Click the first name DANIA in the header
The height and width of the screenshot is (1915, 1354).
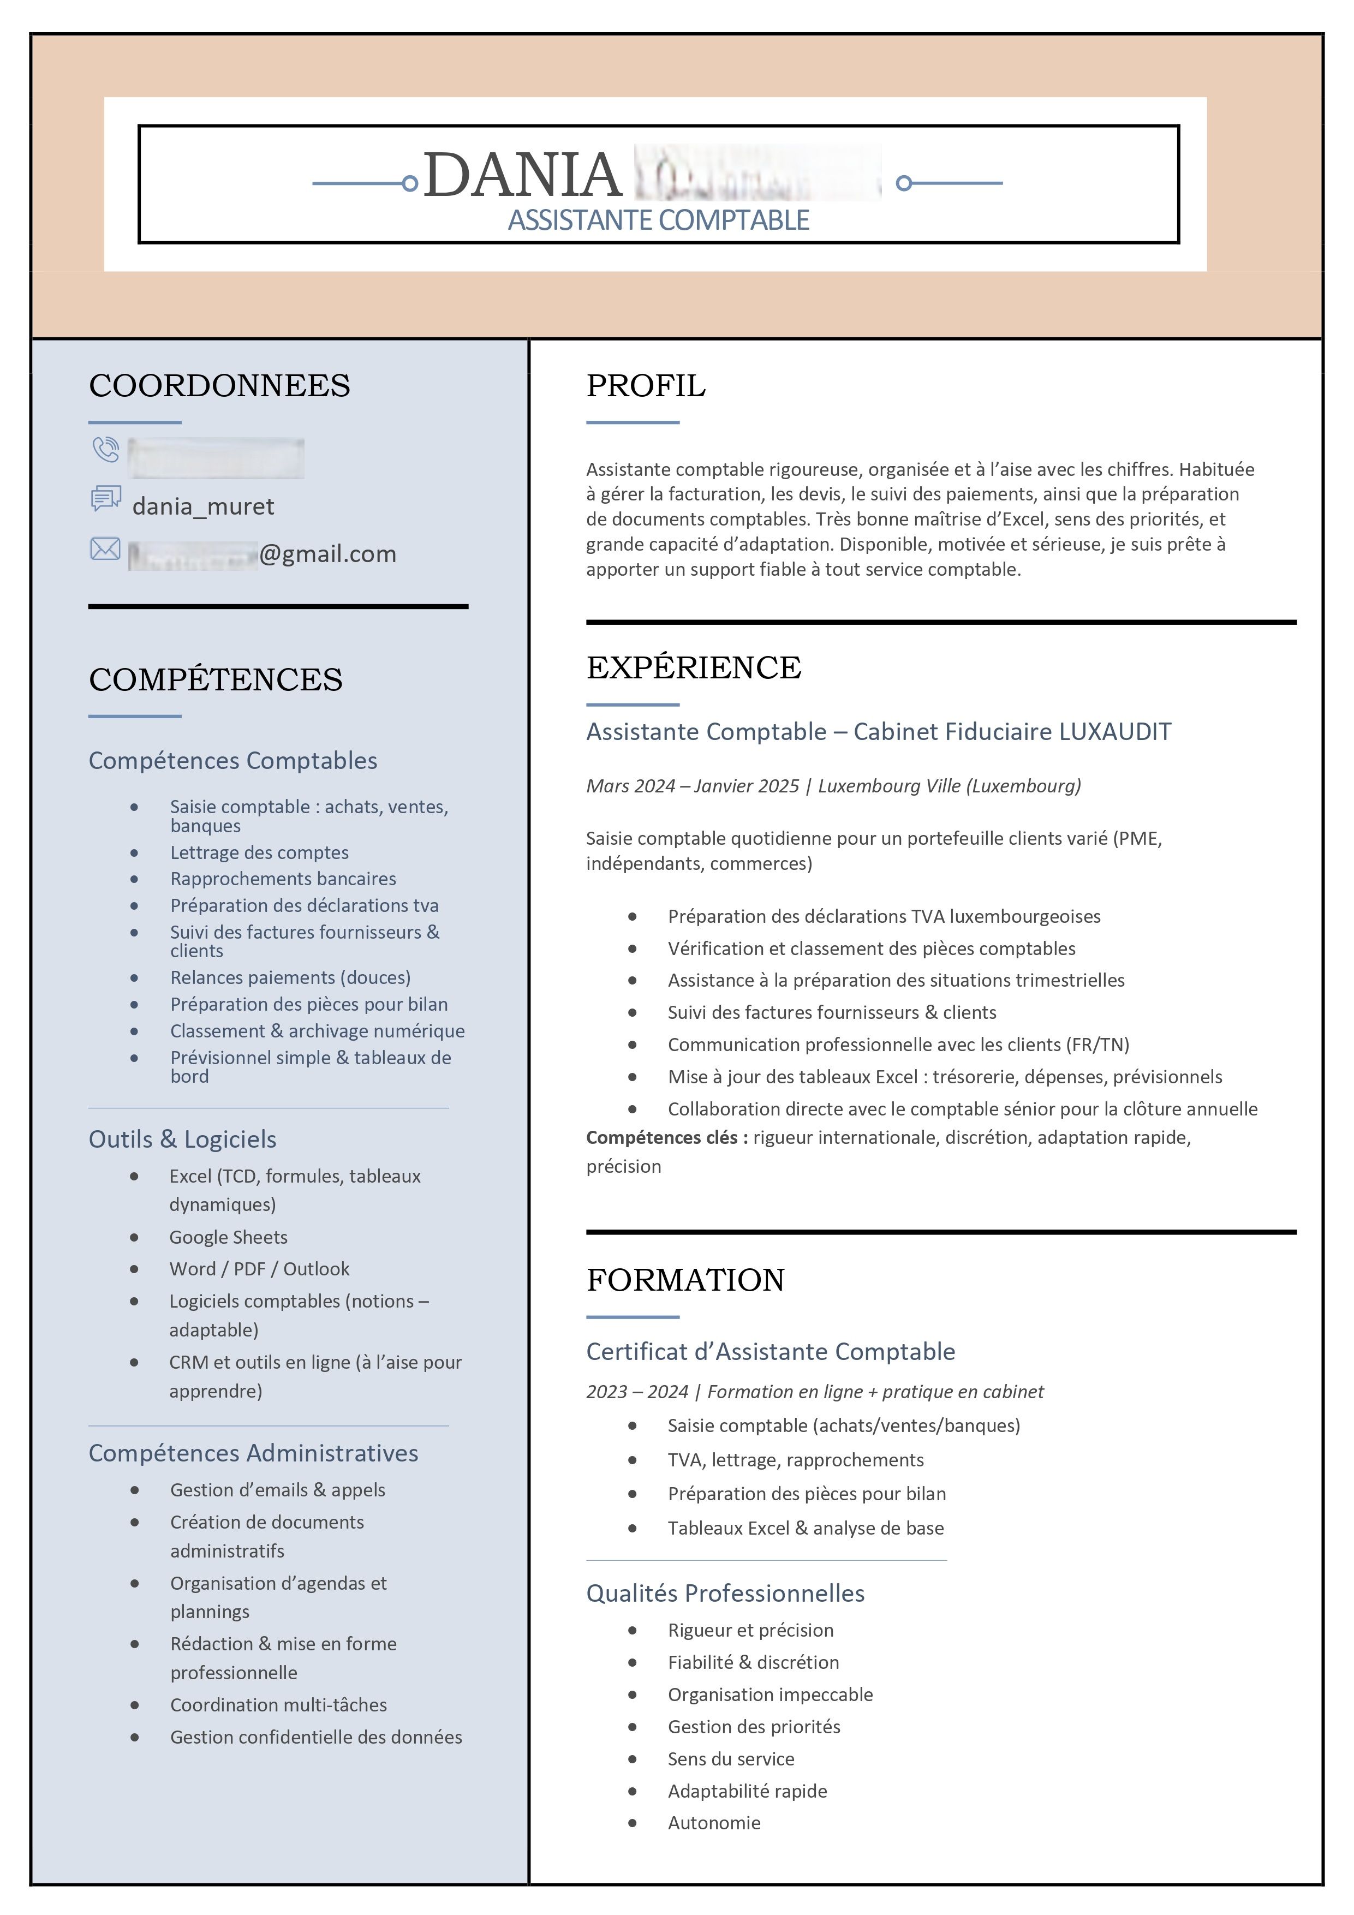(x=522, y=175)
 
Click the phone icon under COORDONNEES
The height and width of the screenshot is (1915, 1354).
(x=106, y=450)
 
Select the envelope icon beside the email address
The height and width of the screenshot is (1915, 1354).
(x=105, y=549)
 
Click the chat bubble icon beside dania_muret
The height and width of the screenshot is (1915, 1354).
(x=106, y=499)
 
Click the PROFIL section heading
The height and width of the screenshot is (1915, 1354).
(x=645, y=386)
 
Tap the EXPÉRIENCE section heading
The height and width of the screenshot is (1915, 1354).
(x=693, y=668)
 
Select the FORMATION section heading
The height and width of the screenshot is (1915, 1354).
(x=685, y=1280)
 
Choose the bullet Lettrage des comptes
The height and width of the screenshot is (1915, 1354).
(x=259, y=852)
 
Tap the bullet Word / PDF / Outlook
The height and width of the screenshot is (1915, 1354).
(x=259, y=1269)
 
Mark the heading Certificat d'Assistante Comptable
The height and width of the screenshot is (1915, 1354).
(x=770, y=1351)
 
